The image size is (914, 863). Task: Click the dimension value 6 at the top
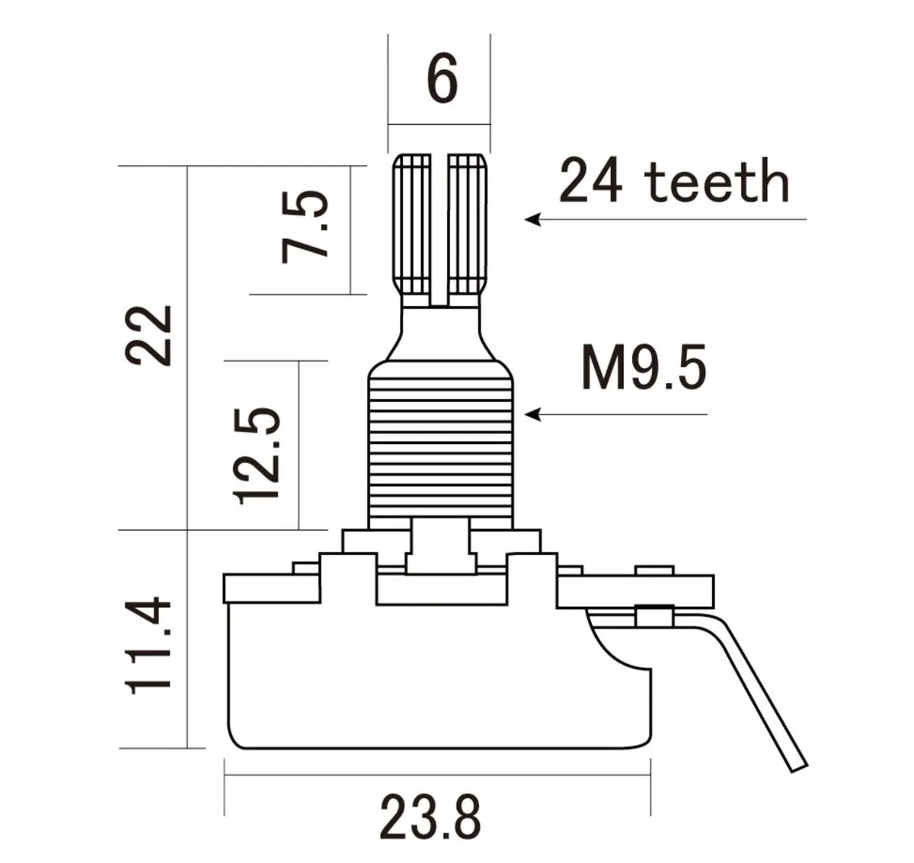tap(443, 78)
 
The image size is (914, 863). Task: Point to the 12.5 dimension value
tap(257, 456)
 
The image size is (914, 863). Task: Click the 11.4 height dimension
tap(149, 645)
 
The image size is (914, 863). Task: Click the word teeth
tap(717, 180)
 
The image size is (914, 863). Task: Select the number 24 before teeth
tap(591, 180)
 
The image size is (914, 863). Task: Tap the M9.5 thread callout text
tap(644, 368)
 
